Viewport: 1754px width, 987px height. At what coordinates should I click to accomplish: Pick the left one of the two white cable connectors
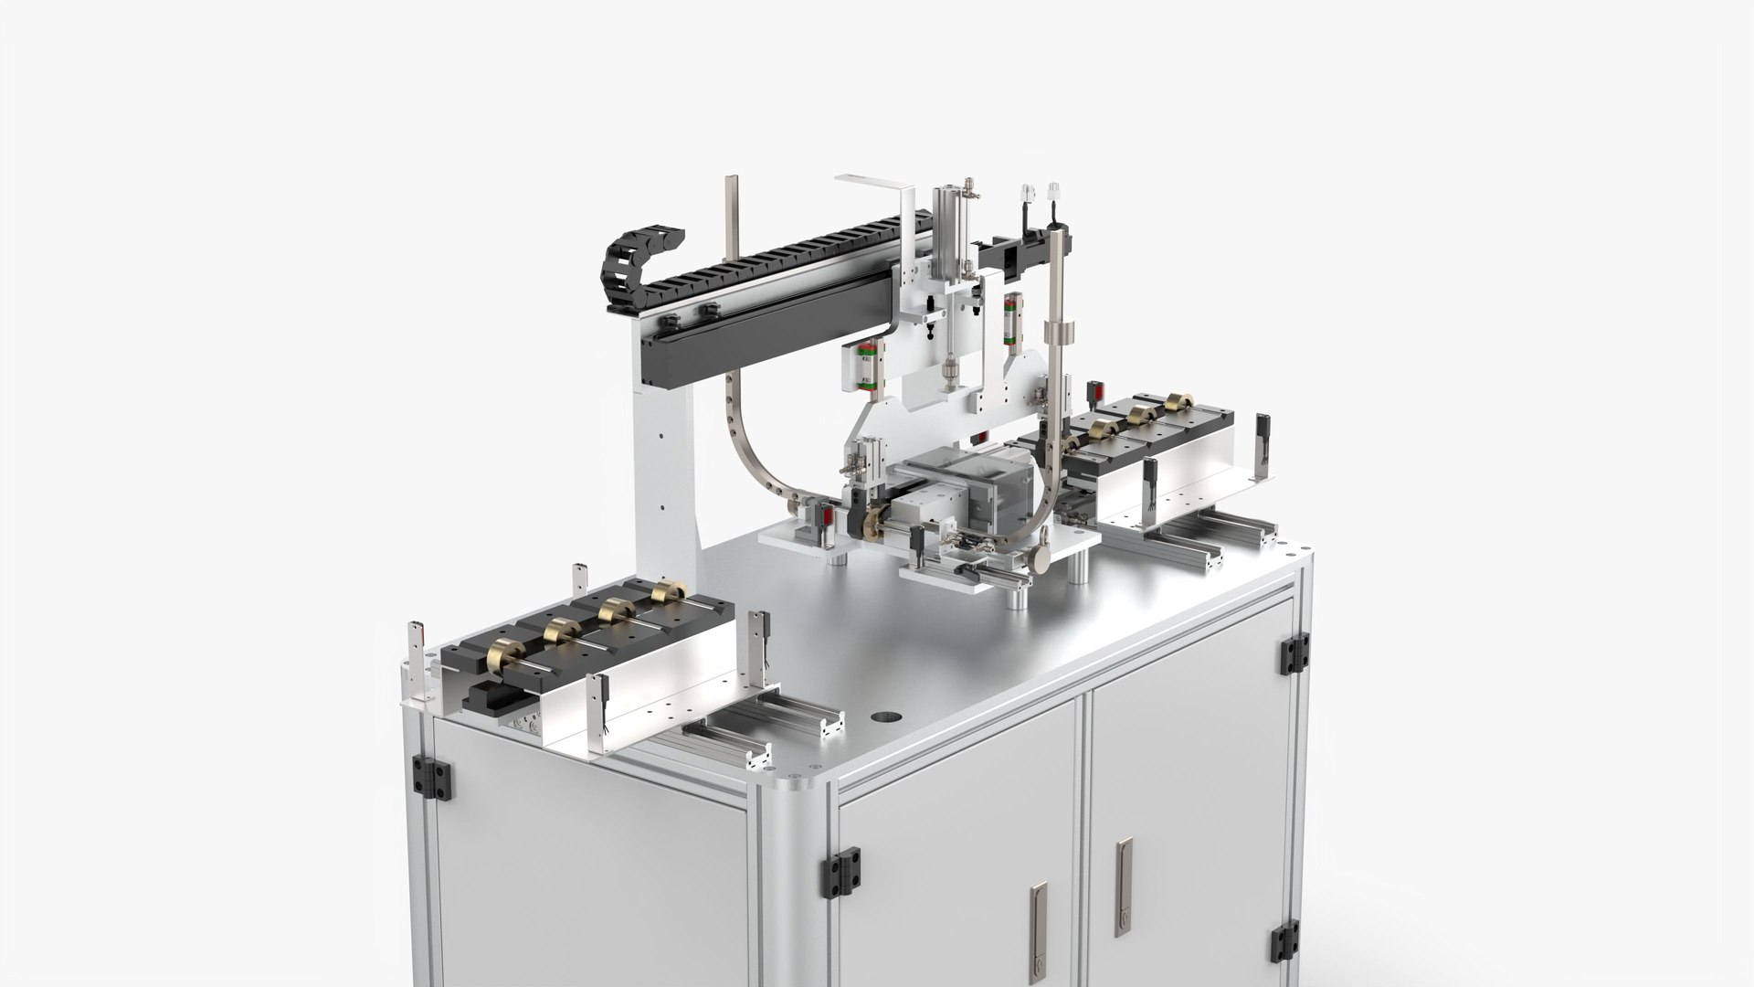(x=1026, y=196)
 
